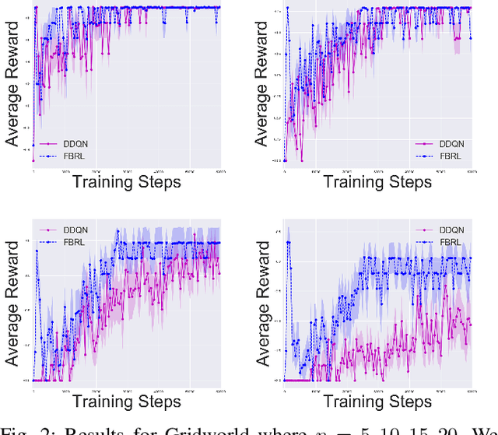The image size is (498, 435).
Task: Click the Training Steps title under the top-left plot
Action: pos(126,182)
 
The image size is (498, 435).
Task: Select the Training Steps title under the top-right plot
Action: pos(377,182)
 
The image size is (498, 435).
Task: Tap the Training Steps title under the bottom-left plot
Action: pos(126,402)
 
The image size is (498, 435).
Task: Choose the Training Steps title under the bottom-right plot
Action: pos(377,402)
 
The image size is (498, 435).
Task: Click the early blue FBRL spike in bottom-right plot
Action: pos(289,243)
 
